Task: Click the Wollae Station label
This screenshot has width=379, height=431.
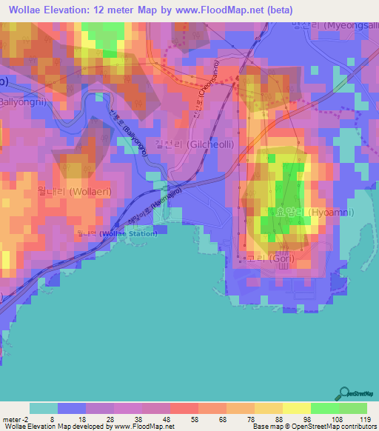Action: pos(118,233)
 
